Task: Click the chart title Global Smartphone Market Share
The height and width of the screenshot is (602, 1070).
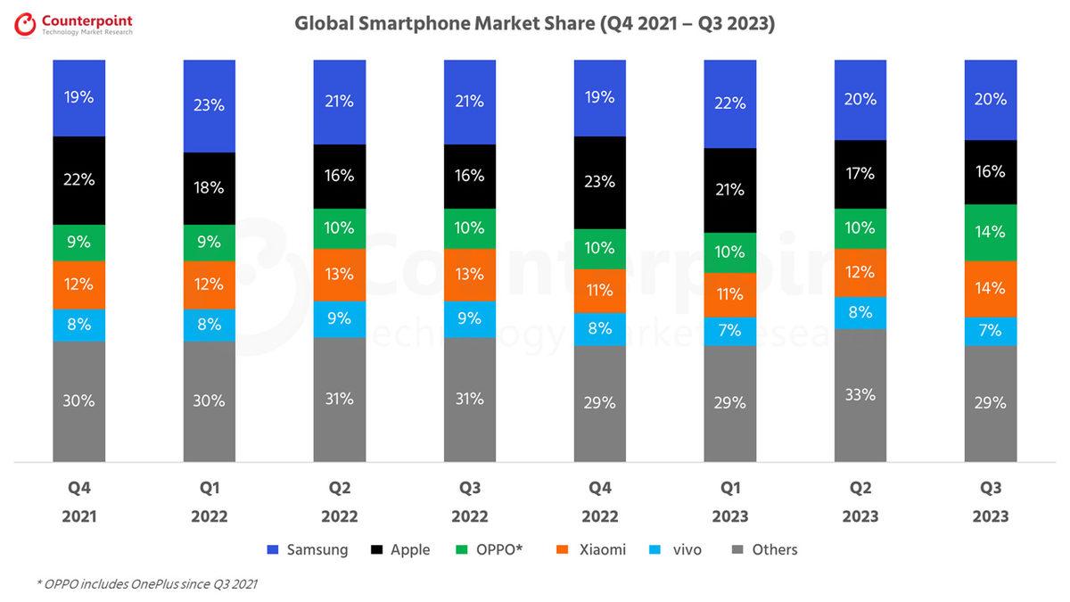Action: click(534, 24)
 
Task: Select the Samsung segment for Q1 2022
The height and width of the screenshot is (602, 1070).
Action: click(210, 105)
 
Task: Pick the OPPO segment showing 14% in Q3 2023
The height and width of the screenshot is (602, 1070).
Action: click(991, 232)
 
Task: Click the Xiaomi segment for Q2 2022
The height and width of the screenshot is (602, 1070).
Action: click(340, 274)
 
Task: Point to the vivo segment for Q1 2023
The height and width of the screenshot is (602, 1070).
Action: click(730, 331)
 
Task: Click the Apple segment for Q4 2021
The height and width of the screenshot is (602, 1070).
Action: click(79, 180)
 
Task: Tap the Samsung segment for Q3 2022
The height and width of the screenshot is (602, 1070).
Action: click(470, 102)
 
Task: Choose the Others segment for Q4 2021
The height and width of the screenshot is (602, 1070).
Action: click(79, 401)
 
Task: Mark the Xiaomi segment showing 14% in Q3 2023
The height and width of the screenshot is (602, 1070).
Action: click(991, 288)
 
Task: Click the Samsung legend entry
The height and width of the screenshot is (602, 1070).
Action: click(307, 549)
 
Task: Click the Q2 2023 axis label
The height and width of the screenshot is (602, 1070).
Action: click(860, 502)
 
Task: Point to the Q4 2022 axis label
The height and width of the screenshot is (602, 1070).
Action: click(600, 502)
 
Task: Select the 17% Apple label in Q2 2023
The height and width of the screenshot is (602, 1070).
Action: click(860, 175)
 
